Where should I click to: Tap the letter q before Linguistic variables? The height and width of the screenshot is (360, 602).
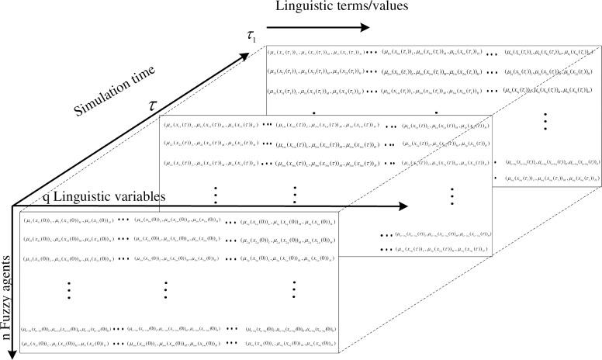pos(47,197)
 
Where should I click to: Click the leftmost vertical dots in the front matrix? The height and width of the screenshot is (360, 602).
pos(69,289)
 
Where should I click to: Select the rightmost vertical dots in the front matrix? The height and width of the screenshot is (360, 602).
pos(294,289)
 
